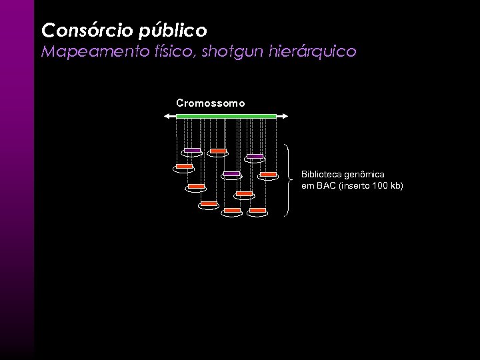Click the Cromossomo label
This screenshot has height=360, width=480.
click(x=211, y=103)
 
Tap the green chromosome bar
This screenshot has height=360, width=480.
click(x=226, y=116)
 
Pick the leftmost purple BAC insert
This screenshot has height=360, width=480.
click(x=192, y=150)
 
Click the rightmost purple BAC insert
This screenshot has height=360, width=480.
click(x=255, y=156)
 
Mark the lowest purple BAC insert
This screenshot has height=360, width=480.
click(x=231, y=173)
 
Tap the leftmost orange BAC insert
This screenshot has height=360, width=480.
click(x=184, y=166)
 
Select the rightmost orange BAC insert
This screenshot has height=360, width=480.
click(x=269, y=174)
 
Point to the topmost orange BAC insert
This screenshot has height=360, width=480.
click(x=218, y=151)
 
